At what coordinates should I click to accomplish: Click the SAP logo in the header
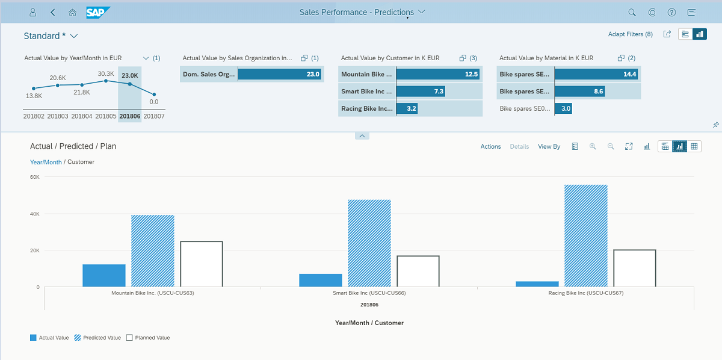tap(98, 12)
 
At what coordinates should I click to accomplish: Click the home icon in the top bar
tap(73, 12)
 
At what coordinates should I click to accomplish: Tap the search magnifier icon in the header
tap(632, 12)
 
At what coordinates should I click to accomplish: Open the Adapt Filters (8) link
tap(630, 34)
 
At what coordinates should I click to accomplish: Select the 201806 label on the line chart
tap(130, 116)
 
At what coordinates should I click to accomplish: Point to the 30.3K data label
tap(106, 73)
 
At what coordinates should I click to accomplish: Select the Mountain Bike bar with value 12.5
tap(438, 74)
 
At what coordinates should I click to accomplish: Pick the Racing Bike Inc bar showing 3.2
tap(407, 108)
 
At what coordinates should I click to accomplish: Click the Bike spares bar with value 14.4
tap(596, 74)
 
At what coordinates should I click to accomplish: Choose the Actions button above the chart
tap(490, 146)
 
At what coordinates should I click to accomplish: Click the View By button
tap(549, 146)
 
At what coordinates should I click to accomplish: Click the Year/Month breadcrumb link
tap(46, 162)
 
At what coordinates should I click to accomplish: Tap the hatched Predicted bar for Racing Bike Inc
tap(585, 235)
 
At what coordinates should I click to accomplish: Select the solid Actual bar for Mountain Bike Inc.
tap(104, 276)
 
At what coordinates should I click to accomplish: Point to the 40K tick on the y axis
tap(34, 214)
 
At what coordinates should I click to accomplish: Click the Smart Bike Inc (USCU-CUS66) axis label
tap(369, 294)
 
